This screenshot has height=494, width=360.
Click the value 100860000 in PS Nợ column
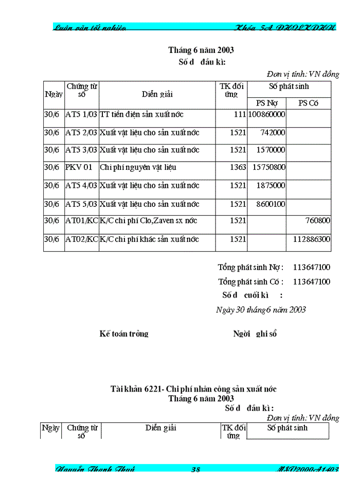click(x=266, y=114)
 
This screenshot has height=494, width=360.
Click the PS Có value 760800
click(x=318, y=220)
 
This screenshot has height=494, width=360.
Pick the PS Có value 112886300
click(x=312, y=239)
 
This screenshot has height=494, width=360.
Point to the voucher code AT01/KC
click(x=81, y=220)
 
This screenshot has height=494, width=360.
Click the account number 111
click(x=240, y=114)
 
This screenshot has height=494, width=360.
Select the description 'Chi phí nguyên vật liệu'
click(x=134, y=167)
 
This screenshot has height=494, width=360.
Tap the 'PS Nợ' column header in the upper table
click(x=266, y=103)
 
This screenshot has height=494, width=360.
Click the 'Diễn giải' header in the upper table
click(x=157, y=94)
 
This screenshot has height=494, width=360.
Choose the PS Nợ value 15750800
click(x=269, y=167)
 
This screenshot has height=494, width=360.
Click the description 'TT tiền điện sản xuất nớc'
click(x=141, y=114)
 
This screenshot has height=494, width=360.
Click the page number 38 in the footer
click(x=195, y=469)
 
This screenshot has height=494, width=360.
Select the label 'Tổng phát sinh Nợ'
click(x=250, y=267)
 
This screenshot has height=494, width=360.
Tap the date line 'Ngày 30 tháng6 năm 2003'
click(x=261, y=309)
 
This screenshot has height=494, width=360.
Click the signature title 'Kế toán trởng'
click(x=124, y=333)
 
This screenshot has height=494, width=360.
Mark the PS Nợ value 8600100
click(x=271, y=204)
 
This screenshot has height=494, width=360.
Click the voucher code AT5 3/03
click(x=81, y=150)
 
